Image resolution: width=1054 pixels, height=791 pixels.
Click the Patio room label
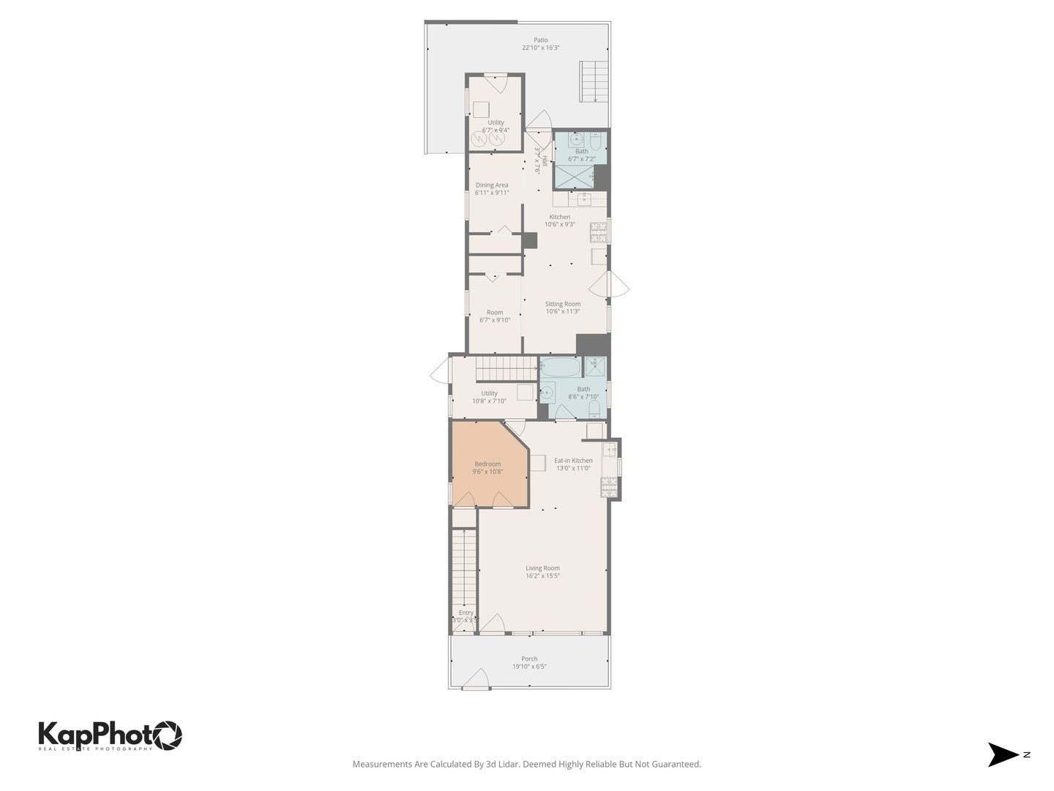tap(540, 40)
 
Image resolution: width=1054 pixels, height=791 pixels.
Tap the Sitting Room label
tap(563, 304)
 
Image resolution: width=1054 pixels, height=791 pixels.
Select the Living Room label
tap(542, 568)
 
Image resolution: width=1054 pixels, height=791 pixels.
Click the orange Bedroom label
tap(487, 464)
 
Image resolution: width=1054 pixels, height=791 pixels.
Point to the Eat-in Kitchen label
tap(573, 461)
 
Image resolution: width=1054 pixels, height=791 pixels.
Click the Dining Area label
tap(492, 185)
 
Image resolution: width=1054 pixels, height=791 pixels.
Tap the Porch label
tap(529, 658)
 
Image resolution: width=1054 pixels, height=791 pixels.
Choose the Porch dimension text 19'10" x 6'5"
tap(529, 666)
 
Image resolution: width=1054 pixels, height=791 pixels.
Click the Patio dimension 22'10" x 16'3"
tap(541, 48)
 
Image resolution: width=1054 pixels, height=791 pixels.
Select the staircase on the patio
tap(594, 81)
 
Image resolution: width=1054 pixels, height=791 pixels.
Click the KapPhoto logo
tap(110, 735)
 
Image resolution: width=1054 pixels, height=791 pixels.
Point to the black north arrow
tap(1002, 754)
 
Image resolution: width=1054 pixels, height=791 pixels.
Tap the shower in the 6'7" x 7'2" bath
tap(574, 177)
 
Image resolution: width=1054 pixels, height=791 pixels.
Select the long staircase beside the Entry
tap(464, 568)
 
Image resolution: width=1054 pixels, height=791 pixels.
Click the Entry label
tap(466, 613)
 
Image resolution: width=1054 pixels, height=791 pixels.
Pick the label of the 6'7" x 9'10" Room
tap(495, 312)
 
